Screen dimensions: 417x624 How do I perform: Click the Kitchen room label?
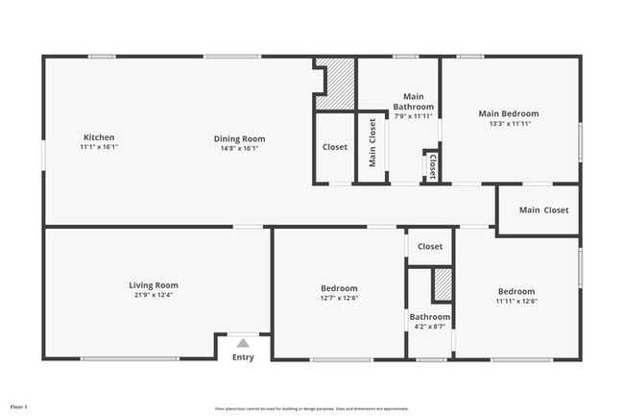[x=99, y=137]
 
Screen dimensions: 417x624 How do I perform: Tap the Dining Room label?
[x=239, y=138]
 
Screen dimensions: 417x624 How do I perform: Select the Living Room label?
[x=154, y=284]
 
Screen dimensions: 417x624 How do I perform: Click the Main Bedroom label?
[x=509, y=113]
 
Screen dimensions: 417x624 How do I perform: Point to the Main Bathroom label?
[x=414, y=101]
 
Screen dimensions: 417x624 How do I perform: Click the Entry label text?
[x=243, y=357]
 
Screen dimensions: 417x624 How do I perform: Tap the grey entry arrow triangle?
[x=243, y=342]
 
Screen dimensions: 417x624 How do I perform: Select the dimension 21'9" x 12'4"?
[x=154, y=295]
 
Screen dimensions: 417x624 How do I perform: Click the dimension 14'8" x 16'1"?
[x=239, y=149]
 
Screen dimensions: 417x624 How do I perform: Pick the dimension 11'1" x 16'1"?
[x=99, y=148]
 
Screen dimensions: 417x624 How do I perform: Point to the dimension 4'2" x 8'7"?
[x=429, y=327]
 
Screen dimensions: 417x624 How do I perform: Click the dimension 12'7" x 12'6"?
[x=339, y=298]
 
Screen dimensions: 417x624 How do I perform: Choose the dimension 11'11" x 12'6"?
[x=516, y=302]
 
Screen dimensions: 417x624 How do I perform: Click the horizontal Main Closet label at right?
[x=543, y=209]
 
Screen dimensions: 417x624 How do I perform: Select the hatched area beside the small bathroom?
[x=442, y=286]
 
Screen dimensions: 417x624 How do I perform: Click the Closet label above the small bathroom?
[x=430, y=246]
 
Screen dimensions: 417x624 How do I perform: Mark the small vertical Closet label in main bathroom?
[x=433, y=165]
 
